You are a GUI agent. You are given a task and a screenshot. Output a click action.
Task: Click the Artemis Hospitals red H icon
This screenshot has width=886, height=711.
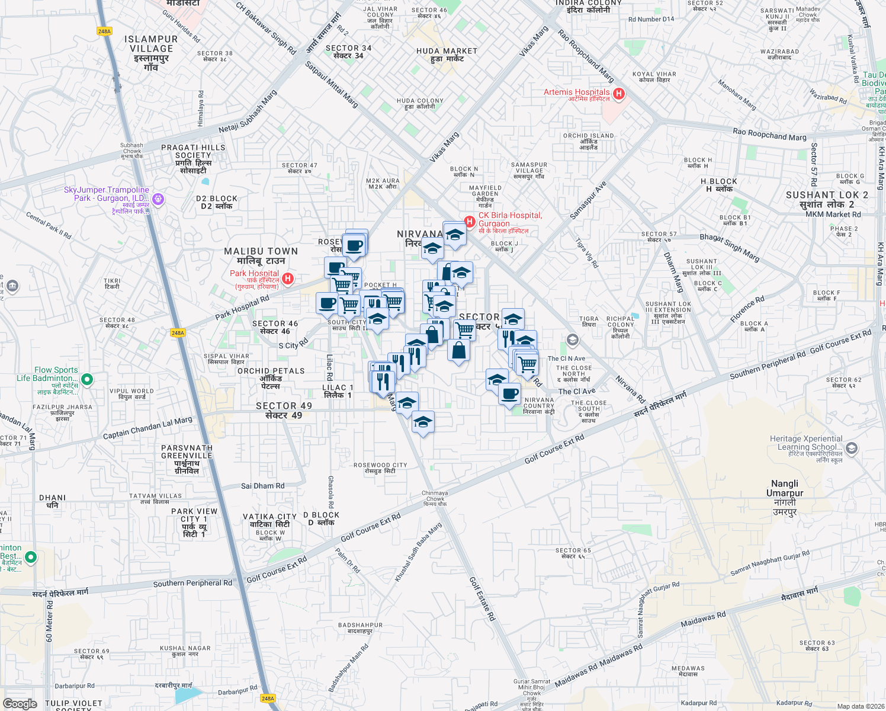[619, 94]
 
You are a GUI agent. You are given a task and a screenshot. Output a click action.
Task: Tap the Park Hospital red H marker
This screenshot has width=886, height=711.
[288, 278]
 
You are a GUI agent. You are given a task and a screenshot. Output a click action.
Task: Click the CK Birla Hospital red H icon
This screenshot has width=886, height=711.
[470, 222]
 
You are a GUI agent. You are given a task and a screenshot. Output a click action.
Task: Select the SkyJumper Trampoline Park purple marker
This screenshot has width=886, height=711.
[158, 198]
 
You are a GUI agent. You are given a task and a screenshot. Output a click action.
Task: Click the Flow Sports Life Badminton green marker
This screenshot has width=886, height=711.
[87, 379]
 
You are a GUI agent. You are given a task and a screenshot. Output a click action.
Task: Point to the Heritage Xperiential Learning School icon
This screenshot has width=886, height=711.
[852, 448]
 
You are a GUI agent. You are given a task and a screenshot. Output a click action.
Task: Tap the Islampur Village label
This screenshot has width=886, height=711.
[152, 53]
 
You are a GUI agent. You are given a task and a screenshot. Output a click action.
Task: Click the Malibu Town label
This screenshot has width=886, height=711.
[261, 255]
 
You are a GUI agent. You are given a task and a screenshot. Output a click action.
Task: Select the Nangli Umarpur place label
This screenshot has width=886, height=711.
[785, 498]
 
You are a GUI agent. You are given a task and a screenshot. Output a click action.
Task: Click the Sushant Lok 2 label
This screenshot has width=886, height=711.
[827, 199]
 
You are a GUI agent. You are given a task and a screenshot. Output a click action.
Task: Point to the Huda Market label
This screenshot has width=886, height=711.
[447, 55]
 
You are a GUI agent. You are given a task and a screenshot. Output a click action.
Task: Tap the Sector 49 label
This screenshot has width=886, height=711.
[284, 410]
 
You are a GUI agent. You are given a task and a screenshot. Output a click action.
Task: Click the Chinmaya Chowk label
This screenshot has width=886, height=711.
[435, 498]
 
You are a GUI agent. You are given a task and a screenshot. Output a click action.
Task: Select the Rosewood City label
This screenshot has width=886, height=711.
[380, 468]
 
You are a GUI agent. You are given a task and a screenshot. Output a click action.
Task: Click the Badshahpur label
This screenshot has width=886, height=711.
[360, 627]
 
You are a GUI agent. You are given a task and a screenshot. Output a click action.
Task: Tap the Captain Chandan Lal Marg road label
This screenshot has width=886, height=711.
[147, 428]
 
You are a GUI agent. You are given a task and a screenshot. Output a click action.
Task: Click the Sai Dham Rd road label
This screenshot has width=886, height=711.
[262, 486]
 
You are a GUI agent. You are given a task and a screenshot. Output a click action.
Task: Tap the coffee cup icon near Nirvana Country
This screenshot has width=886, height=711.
[509, 393]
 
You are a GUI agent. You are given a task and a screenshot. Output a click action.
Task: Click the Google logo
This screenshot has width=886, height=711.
[20, 703]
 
